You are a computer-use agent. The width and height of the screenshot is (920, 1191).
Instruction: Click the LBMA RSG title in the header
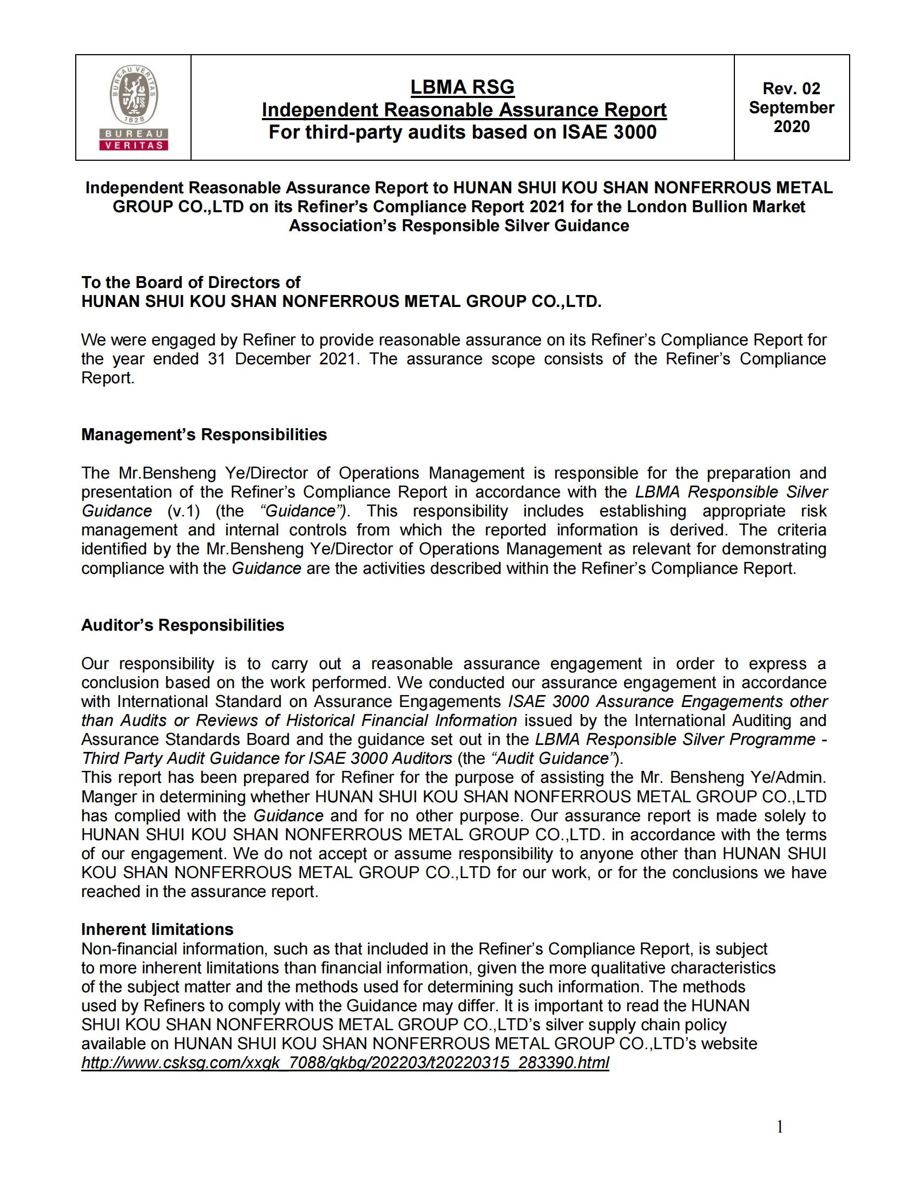(x=462, y=87)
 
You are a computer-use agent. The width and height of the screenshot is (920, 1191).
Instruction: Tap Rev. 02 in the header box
(x=791, y=88)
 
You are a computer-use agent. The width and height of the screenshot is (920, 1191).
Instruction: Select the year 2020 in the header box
(x=791, y=127)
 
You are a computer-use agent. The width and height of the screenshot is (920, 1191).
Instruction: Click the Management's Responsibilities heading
(x=204, y=435)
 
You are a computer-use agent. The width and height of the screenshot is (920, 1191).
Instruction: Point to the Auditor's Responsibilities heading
(x=182, y=625)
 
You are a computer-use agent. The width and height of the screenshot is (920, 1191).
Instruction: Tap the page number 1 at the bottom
(x=779, y=1127)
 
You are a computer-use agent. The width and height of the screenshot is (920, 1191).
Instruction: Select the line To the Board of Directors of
(x=190, y=283)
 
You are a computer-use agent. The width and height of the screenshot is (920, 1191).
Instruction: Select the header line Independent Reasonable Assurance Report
(x=464, y=110)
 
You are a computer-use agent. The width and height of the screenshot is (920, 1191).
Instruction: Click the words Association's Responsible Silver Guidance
(x=458, y=226)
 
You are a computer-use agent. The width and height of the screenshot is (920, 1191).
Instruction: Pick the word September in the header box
(x=791, y=107)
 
